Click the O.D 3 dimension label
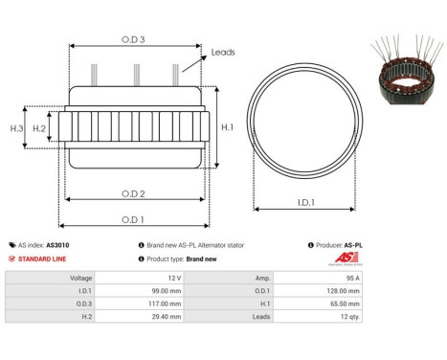click(133, 39)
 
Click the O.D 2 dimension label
click(133, 194)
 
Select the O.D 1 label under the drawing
click(133, 219)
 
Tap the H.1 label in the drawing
click(228, 126)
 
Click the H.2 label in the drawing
click(40, 127)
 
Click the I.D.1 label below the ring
click(307, 203)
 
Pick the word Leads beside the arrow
click(223, 53)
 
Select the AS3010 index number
click(58, 245)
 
